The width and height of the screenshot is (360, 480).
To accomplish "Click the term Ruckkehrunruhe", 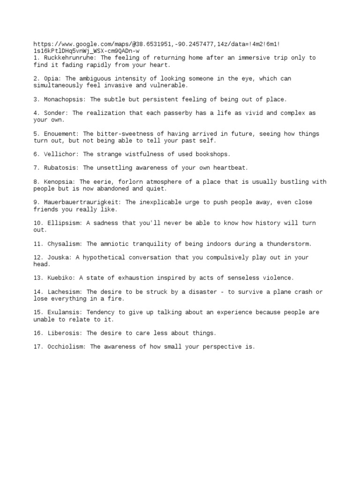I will click(65, 58).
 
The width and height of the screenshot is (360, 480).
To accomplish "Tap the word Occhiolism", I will click(66, 347).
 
